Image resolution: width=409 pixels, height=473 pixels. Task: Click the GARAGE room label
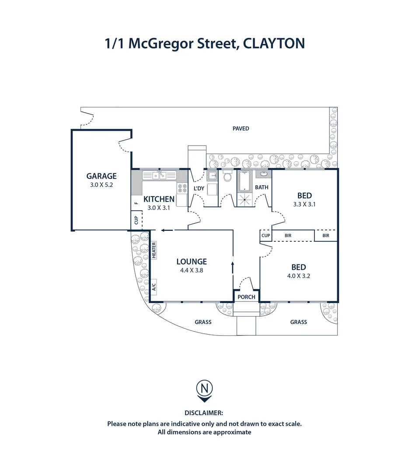tap(101, 176)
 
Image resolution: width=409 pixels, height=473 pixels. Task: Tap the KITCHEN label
tap(159, 199)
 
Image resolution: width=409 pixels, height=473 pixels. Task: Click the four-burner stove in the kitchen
tap(182, 188)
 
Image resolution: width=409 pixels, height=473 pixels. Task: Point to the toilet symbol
tap(227, 177)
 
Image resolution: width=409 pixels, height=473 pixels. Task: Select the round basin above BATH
tap(264, 173)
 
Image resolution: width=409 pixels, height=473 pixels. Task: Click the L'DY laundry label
tap(199, 189)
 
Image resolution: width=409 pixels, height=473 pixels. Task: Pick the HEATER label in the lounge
tap(154, 250)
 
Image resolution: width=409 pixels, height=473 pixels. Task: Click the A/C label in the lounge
tap(154, 287)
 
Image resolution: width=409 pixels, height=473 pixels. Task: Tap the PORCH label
tap(246, 297)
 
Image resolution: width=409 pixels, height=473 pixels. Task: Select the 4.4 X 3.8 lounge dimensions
tap(192, 270)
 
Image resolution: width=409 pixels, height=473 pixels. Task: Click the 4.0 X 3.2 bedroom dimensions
tap(299, 276)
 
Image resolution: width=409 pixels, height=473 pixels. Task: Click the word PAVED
tap(241, 128)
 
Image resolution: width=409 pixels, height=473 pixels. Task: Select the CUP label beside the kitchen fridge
tap(136, 220)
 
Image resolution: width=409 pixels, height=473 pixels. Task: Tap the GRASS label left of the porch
tap(203, 322)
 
